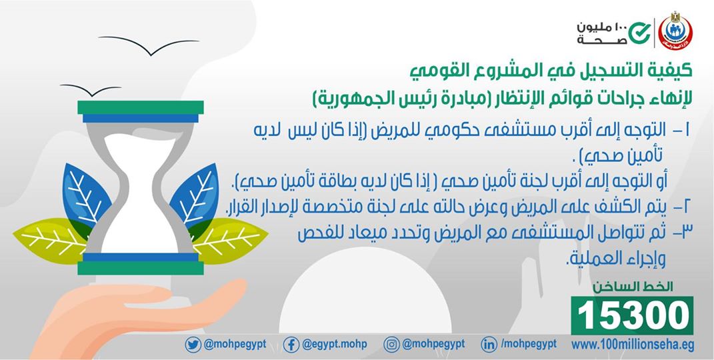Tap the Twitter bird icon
pyautogui.click(x=193, y=345)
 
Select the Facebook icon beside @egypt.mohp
pyautogui.click(x=291, y=345)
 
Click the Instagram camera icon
pyautogui.click(x=391, y=345)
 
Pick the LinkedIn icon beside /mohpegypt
pyautogui.click(x=489, y=345)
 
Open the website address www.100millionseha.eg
pyautogui.click(x=633, y=345)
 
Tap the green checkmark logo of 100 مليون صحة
pyautogui.click(x=639, y=32)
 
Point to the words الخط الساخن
pyautogui.click(x=633, y=287)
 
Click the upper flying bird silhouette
pyautogui.click(x=149, y=45)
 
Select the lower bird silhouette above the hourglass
pyautogui.click(x=91, y=89)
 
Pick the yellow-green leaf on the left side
pyautogui.click(x=51, y=239)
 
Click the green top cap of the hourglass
pyautogui.click(x=140, y=107)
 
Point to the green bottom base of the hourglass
pyautogui.click(x=140, y=268)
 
